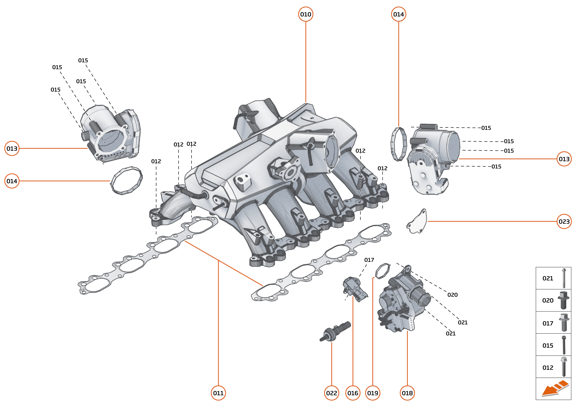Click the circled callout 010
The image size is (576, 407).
click(x=306, y=14)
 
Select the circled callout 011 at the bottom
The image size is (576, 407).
click(x=218, y=393)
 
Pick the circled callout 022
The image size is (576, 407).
click(x=331, y=393)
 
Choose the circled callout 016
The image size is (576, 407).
click(x=353, y=393)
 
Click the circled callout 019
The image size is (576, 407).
click(x=373, y=393)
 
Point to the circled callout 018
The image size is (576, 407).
click(x=407, y=393)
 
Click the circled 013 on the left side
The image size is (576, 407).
click(x=12, y=148)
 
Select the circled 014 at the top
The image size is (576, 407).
click(x=398, y=14)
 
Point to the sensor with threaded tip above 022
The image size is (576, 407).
click(x=335, y=331)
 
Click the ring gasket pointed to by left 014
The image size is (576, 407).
click(x=126, y=180)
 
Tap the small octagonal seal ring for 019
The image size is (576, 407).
click(x=382, y=271)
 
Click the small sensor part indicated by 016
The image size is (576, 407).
click(x=354, y=289)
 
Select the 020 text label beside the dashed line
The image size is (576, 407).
click(x=452, y=295)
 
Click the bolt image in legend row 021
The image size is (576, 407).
click(x=564, y=278)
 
